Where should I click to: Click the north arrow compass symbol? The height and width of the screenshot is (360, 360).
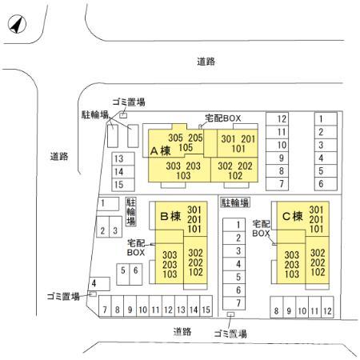[17, 24]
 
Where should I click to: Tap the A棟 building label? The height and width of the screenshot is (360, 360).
[160, 151]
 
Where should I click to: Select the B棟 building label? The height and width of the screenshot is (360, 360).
[170, 216]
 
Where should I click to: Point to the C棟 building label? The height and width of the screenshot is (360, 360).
[293, 216]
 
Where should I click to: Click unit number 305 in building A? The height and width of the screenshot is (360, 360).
[175, 138]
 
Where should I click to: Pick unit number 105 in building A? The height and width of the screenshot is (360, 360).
[186, 147]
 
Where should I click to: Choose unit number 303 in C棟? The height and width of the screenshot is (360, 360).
[292, 255]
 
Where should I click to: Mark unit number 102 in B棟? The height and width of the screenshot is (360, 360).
[196, 272]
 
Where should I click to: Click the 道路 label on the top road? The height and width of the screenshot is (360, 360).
[206, 62]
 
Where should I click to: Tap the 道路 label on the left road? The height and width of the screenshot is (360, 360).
[59, 156]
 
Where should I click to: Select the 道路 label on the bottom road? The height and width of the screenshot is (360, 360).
[182, 331]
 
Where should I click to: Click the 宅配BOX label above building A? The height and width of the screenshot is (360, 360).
[223, 118]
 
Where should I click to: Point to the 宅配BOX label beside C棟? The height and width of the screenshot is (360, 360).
[261, 229]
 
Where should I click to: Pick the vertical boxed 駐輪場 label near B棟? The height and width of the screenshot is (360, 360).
[131, 212]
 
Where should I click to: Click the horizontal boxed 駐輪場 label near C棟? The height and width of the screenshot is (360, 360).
[235, 202]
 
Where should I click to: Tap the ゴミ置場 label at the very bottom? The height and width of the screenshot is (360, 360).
[230, 334]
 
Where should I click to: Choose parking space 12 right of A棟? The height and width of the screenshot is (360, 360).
[282, 119]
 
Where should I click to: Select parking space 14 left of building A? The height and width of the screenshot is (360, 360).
[118, 172]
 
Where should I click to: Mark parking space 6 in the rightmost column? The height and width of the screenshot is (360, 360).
[321, 184]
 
